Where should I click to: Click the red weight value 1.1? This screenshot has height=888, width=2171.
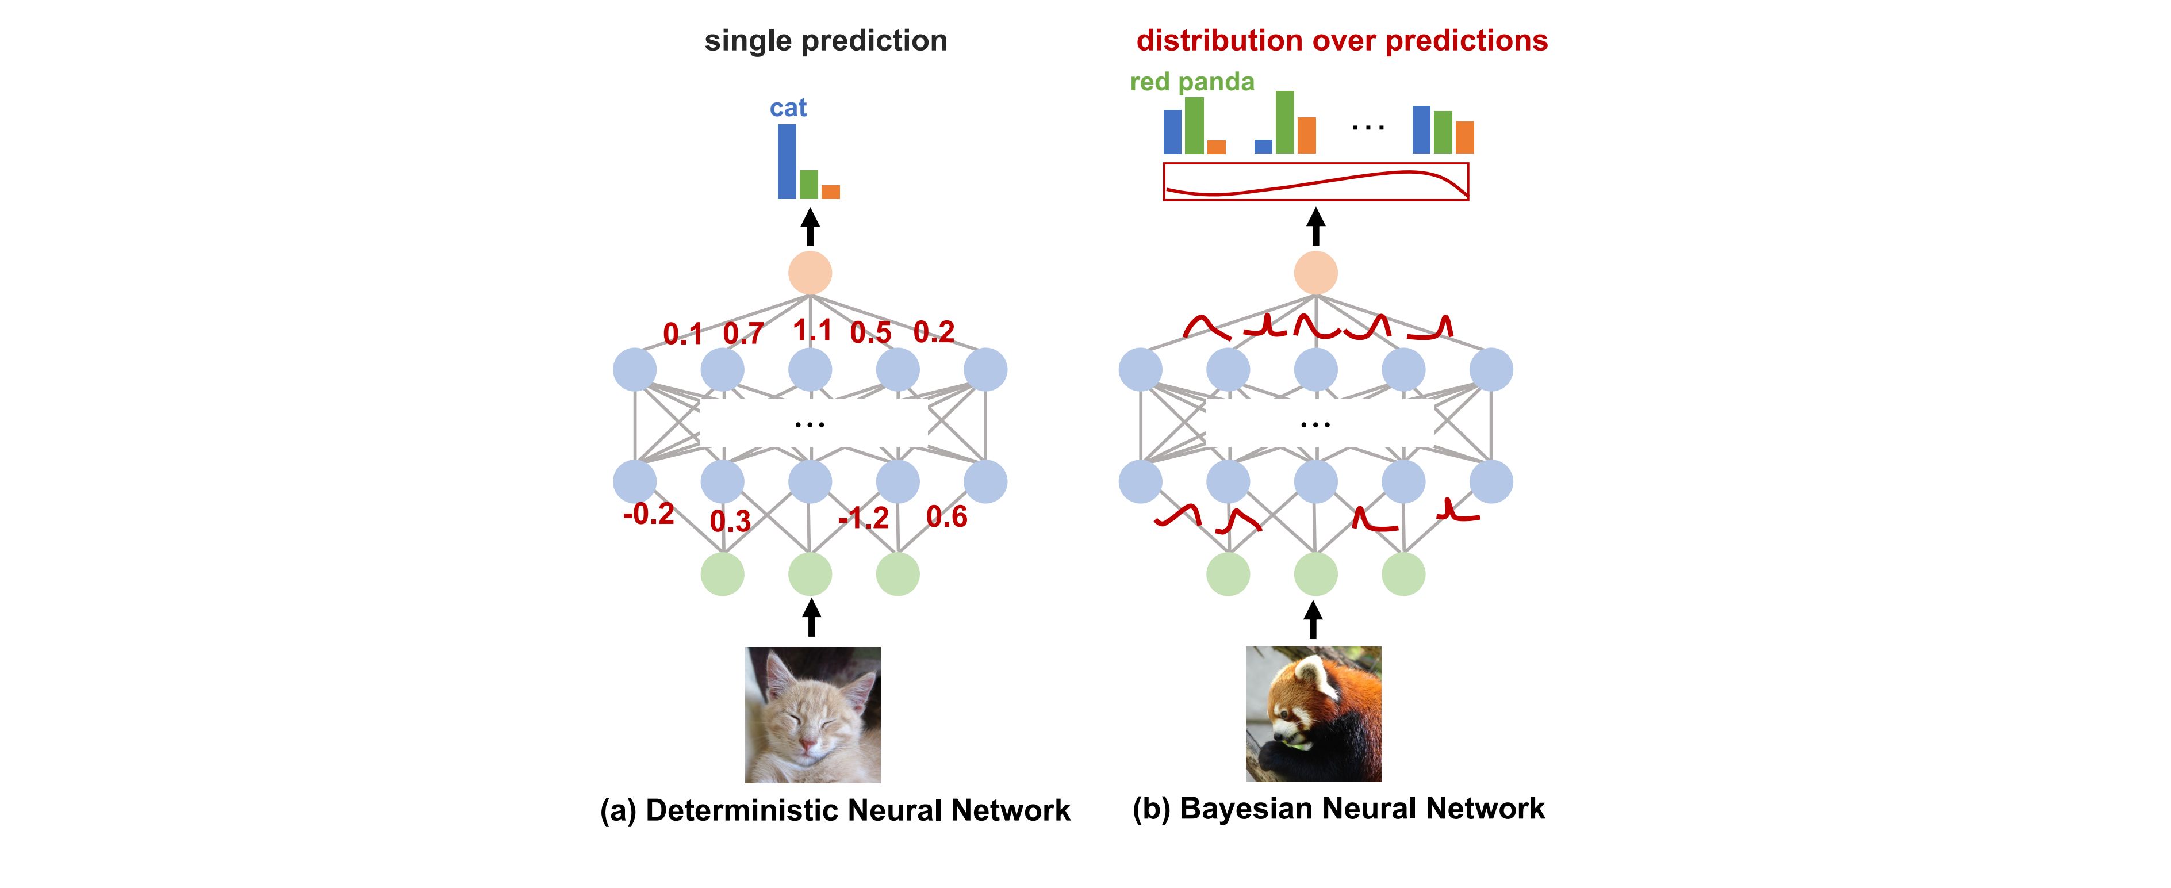click(812, 330)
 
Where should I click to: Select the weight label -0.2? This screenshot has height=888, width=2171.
click(648, 514)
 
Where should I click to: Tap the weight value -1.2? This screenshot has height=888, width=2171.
click(863, 518)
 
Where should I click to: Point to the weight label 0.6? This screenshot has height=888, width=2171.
click(946, 516)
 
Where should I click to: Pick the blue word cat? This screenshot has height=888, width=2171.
click(788, 108)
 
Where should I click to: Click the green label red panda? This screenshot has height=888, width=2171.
click(1192, 82)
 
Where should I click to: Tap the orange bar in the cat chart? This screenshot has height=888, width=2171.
click(830, 192)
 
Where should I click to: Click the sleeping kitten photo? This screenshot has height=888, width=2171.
click(812, 715)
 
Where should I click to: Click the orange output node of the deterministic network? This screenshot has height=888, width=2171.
click(810, 273)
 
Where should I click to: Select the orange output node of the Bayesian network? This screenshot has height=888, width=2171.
click(1315, 273)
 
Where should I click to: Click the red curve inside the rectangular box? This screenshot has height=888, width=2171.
click(1315, 182)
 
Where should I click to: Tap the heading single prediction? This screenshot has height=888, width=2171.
click(826, 40)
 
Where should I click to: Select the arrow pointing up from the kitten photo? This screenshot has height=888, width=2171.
click(812, 617)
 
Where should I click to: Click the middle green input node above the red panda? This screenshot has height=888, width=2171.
click(1315, 575)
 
